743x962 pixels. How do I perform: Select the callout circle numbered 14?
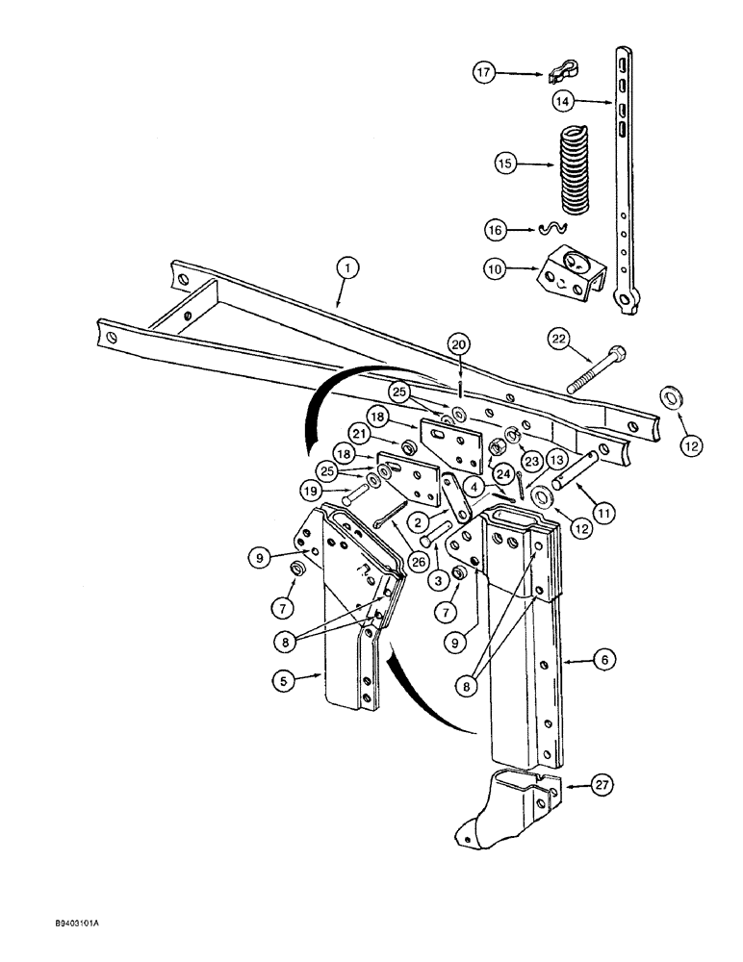(565, 100)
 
